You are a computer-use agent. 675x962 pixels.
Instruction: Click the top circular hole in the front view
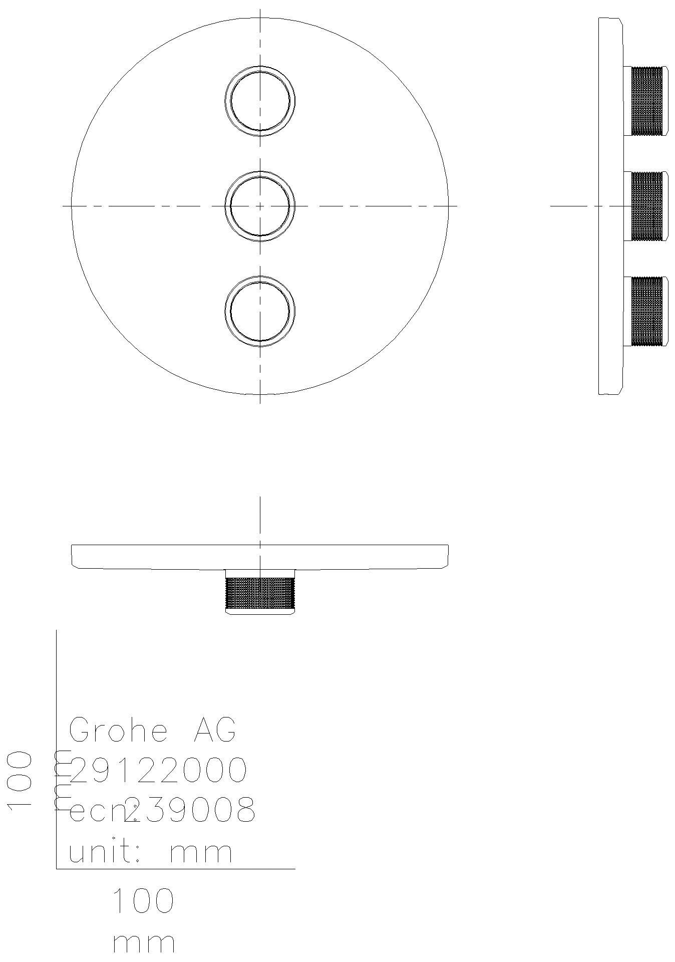(260, 101)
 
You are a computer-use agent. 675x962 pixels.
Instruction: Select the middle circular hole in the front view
(260, 206)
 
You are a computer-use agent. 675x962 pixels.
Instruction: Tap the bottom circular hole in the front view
(260, 311)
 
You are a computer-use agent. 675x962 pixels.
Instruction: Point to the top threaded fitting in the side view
(646, 101)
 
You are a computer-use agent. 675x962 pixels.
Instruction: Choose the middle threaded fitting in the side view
(646, 206)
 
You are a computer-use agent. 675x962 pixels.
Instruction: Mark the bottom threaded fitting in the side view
(646, 311)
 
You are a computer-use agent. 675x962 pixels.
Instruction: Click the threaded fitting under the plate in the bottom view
(260, 593)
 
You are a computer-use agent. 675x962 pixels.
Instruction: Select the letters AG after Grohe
(214, 730)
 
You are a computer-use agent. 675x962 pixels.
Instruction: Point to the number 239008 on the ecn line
(190, 810)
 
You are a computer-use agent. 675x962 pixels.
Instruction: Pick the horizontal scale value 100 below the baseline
(143, 900)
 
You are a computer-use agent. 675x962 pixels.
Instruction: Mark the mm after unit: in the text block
(201, 852)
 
